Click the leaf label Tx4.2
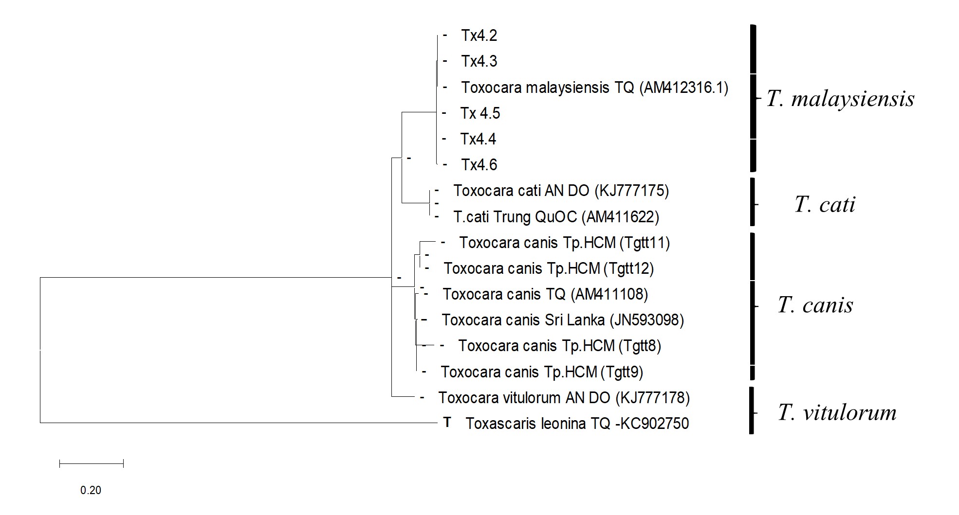pyautogui.click(x=479, y=36)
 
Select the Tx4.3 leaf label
pyautogui.click(x=479, y=61)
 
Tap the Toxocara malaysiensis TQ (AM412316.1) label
pyautogui.click(x=594, y=88)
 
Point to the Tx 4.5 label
pyautogui.click(x=480, y=113)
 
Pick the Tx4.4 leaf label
pyautogui.click(x=478, y=139)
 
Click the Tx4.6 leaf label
pyautogui.click(x=479, y=165)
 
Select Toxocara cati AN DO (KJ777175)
pyautogui.click(x=561, y=191)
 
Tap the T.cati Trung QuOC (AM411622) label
pyautogui.click(x=556, y=217)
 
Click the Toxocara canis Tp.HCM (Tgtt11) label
pyautogui.click(x=564, y=243)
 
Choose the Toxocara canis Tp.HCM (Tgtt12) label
pyautogui.click(x=549, y=268)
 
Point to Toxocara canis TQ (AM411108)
pyautogui.click(x=545, y=294)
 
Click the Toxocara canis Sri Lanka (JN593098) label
pyautogui.click(x=563, y=320)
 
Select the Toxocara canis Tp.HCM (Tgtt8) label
pyautogui.click(x=559, y=346)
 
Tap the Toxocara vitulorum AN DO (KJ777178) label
pyautogui.click(x=564, y=398)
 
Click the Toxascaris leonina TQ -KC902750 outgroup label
pyautogui.click(x=577, y=424)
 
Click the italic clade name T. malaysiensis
pyautogui.click(x=840, y=99)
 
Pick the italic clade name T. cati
pyautogui.click(x=825, y=204)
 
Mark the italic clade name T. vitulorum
pyautogui.click(x=837, y=412)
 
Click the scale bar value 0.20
pyautogui.click(x=91, y=490)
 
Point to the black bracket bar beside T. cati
pyautogui.click(x=752, y=202)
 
